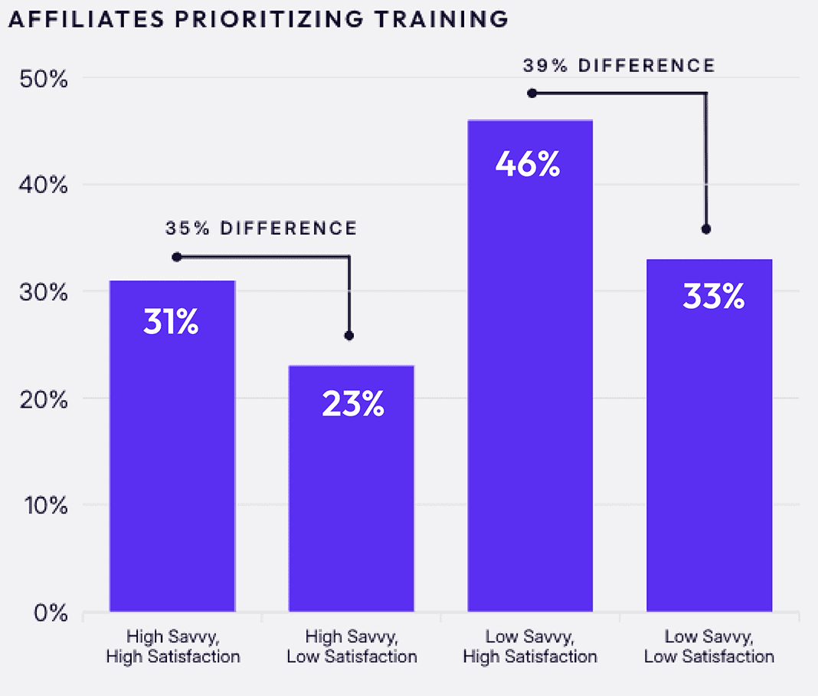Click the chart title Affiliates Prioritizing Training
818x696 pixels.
pos(257,19)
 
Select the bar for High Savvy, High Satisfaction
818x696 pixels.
pos(172,460)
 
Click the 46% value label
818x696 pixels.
pos(528,165)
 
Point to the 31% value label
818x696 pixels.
pos(171,322)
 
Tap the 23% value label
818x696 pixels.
pos(352,404)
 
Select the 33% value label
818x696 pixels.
pos(713,297)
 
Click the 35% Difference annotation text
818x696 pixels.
pos(261,228)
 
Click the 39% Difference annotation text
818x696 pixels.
pos(619,66)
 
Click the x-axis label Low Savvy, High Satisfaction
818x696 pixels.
pos(530,646)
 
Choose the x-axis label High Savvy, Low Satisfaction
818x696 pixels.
pos(352,646)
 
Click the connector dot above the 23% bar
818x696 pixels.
pos(349,336)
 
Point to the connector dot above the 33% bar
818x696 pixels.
pos(706,229)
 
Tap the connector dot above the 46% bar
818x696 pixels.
pos(532,93)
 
